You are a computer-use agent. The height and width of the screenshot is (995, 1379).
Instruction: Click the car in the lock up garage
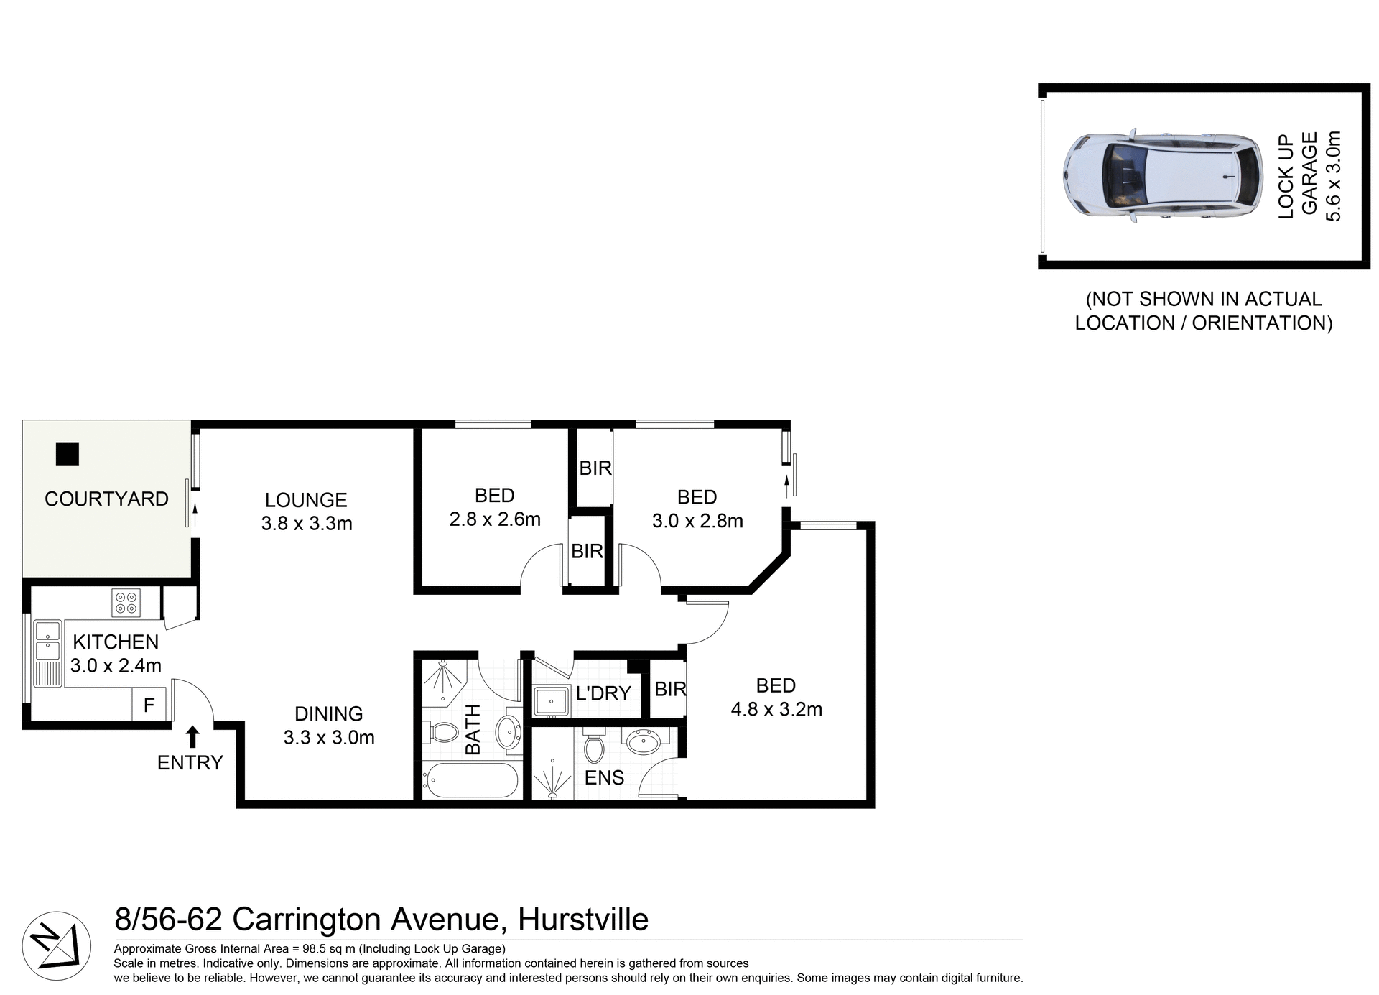pyautogui.click(x=1161, y=175)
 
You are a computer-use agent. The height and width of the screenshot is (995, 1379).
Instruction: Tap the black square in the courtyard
pyautogui.click(x=68, y=453)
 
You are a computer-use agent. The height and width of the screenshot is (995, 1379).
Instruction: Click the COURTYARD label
pyautogui.click(x=106, y=499)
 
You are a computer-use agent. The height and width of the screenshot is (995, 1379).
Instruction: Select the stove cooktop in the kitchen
pyautogui.click(x=126, y=602)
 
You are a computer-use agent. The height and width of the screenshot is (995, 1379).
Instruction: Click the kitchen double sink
pyautogui.click(x=48, y=641)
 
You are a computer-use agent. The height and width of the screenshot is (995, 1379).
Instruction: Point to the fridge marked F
pyautogui.click(x=149, y=705)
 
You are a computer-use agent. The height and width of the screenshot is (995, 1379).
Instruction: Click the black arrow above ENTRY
pyautogui.click(x=192, y=737)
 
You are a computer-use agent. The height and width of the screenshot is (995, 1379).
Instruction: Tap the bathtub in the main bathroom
pyautogui.click(x=470, y=780)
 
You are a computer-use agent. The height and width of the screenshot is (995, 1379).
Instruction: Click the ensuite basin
pyautogui.click(x=643, y=741)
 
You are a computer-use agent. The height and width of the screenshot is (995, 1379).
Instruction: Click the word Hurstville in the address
pyautogui.click(x=583, y=920)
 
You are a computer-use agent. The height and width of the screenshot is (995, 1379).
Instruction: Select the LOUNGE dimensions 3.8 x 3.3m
pyautogui.click(x=307, y=523)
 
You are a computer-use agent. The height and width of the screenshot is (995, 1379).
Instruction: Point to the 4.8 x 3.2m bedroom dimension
pyautogui.click(x=776, y=709)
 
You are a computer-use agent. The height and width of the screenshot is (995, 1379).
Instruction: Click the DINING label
pyautogui.click(x=329, y=713)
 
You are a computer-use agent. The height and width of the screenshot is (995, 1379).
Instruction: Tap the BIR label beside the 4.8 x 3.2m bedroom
pyautogui.click(x=670, y=689)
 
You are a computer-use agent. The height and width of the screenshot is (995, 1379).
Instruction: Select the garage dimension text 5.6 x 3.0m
pyautogui.click(x=1332, y=176)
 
